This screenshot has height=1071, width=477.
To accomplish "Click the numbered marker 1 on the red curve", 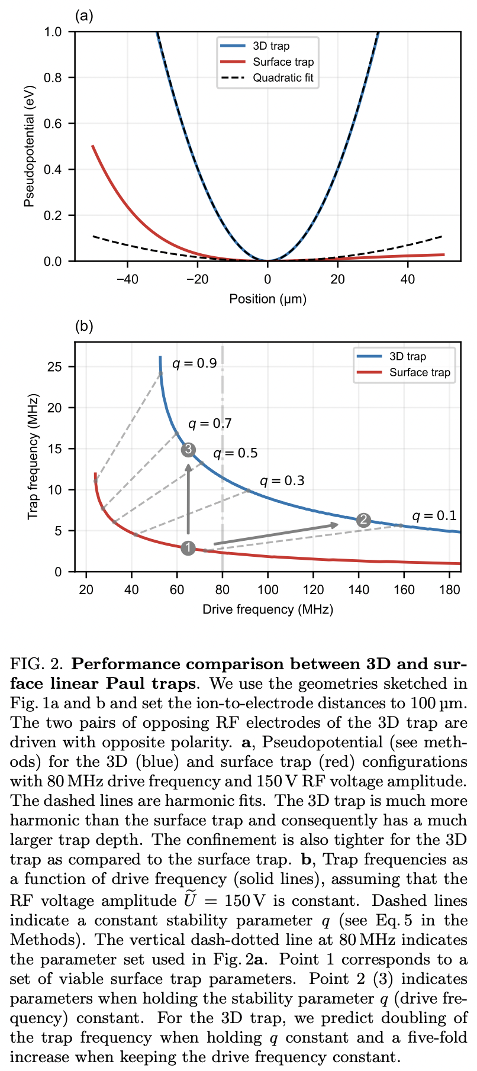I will tap(188, 548).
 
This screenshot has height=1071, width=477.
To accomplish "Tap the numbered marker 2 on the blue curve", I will tap(363, 520).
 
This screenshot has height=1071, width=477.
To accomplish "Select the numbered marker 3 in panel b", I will tap(188, 450).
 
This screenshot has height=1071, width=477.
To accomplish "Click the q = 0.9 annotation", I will tap(195, 363).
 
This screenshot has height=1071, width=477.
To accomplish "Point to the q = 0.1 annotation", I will tap(434, 515).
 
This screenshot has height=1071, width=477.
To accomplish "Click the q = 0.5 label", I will tap(236, 453).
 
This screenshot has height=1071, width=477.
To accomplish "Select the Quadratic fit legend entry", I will tap(283, 78).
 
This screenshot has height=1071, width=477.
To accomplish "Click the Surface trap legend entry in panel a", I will tap(283, 62).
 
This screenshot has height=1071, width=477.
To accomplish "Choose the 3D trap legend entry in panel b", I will tap(407, 356).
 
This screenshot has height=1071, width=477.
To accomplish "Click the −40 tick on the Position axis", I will tap(127, 279).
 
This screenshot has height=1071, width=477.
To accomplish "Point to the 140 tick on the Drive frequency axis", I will tap(359, 589).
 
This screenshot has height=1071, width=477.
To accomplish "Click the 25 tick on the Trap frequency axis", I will tap(55, 367).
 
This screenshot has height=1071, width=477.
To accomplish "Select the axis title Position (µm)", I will tap(268, 299).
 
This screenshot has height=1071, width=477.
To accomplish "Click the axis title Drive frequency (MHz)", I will tap(267, 609).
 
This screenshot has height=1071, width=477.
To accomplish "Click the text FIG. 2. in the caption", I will tap(35, 663).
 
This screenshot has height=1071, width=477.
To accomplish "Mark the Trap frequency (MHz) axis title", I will tap(34, 457).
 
